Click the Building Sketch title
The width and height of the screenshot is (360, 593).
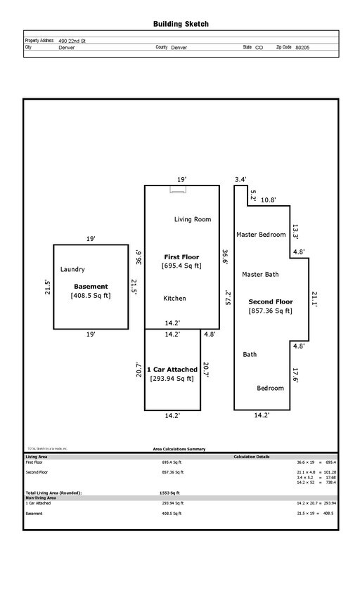[x=181, y=24]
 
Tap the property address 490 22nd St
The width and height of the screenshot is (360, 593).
[x=72, y=41]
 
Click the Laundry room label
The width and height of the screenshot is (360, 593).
[x=72, y=269]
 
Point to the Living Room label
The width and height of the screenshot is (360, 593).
[x=193, y=219]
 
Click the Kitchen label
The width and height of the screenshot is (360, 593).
[x=174, y=299]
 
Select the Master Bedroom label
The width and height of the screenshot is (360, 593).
[x=261, y=235]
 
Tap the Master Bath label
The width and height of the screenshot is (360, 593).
[x=260, y=274]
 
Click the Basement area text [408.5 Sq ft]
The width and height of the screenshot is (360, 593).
[x=91, y=296]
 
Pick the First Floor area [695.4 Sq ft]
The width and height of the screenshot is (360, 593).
[x=182, y=266]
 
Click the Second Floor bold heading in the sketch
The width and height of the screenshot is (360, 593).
[x=270, y=301]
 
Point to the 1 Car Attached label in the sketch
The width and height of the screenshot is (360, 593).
[x=172, y=370]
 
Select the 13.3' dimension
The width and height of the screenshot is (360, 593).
[x=295, y=230]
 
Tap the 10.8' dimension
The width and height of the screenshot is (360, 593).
[x=269, y=200]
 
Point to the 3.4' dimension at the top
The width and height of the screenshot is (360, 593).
[x=240, y=180]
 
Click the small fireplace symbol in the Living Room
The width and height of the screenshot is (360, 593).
[x=179, y=188]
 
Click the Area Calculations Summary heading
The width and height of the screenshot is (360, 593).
[x=179, y=448]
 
